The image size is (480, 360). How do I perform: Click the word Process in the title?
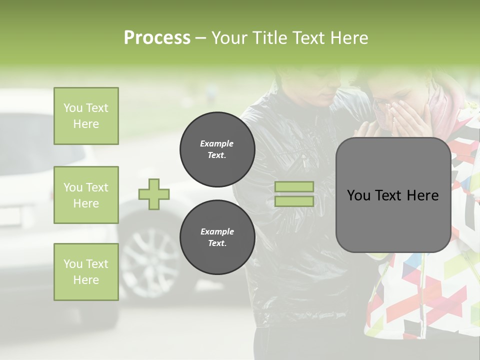[157, 38]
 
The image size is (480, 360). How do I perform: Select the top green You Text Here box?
[86, 116]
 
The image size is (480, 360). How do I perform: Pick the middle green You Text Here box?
[86, 195]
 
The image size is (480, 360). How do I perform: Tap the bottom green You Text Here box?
[86, 272]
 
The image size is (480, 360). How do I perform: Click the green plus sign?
[154, 194]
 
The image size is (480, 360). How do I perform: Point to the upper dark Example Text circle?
[217, 149]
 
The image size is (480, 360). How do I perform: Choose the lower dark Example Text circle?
[217, 237]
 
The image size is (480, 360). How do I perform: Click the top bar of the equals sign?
[294, 186]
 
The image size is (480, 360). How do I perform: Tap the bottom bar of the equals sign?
[294, 201]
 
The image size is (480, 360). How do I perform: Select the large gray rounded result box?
[393, 195]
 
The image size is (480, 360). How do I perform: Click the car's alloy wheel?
[149, 260]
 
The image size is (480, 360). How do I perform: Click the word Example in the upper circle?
[217, 144]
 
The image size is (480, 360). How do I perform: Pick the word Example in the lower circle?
[217, 232]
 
